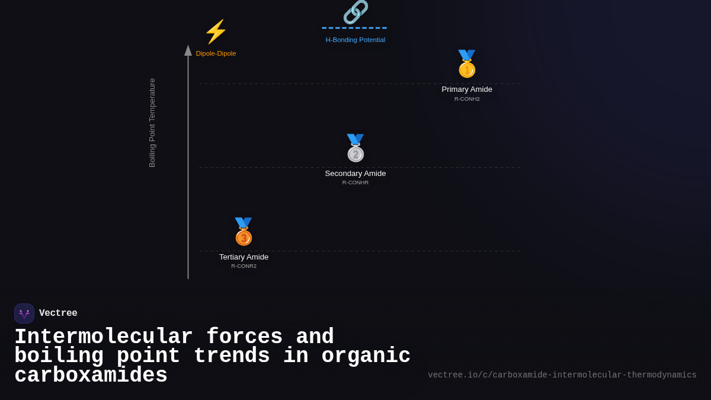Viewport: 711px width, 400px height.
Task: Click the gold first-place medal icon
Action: tap(467, 64)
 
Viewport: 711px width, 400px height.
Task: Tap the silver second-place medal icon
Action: tap(355, 148)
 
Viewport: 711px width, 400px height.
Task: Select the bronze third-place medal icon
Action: tap(244, 232)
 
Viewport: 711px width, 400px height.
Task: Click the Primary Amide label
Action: tap(467, 89)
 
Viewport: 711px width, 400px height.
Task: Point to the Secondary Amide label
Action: tap(355, 174)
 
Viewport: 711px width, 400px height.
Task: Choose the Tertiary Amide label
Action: tap(244, 257)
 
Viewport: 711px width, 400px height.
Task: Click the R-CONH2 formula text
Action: tap(467, 99)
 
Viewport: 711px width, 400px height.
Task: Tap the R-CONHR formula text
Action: tap(355, 183)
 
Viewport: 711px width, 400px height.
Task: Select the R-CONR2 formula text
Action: tap(244, 266)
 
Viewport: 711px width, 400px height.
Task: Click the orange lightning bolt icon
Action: tap(216, 32)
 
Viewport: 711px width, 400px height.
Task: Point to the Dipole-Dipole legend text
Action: tap(216, 53)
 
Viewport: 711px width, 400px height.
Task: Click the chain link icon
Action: tap(355, 12)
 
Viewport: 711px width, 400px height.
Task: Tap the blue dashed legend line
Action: tap(354, 28)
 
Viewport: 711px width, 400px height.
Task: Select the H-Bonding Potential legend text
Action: tap(355, 40)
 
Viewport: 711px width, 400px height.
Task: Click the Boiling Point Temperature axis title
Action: tap(152, 123)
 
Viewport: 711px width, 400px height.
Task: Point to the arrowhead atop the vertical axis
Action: tap(188, 50)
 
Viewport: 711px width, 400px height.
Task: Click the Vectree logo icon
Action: tap(24, 313)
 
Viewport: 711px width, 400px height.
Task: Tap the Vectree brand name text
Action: tap(58, 313)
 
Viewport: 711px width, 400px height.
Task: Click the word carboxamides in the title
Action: tap(91, 376)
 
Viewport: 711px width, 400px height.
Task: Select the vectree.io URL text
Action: tap(562, 375)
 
